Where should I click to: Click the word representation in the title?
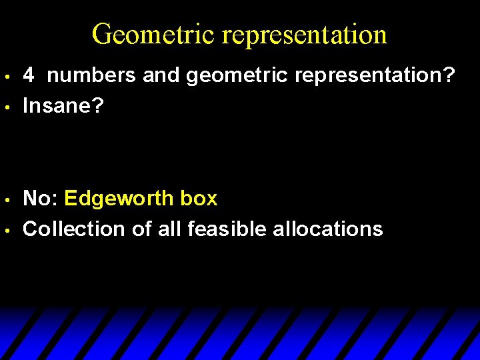point(305,34)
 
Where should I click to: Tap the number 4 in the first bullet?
point(29,75)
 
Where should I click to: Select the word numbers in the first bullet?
point(92,75)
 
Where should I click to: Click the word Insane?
point(63,106)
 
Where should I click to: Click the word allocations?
point(328,229)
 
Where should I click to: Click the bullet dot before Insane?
point(7,107)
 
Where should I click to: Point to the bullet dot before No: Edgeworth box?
point(7,199)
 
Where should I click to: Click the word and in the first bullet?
point(162,75)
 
